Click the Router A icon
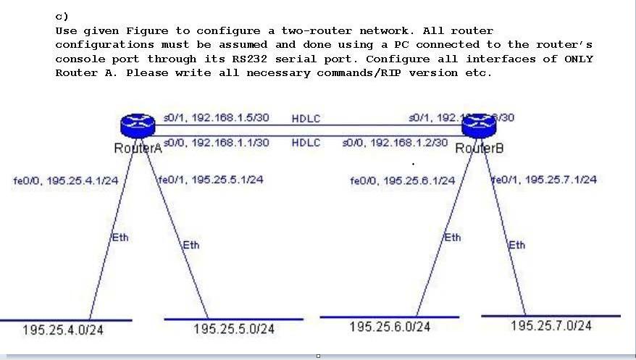click(x=138, y=125)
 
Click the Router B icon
click(x=478, y=125)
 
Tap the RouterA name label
click(x=138, y=148)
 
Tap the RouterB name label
click(x=479, y=148)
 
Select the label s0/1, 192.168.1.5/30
click(x=217, y=117)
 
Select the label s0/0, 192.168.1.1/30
click(x=217, y=143)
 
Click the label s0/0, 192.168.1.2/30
click(x=395, y=143)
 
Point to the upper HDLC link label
click(x=306, y=118)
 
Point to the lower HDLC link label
click(x=306, y=143)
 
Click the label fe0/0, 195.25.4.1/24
click(x=64, y=180)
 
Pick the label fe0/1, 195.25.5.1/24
click(x=210, y=180)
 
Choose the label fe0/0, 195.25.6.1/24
click(x=402, y=180)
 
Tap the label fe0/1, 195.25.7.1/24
click(x=545, y=179)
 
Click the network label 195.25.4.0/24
click(x=63, y=330)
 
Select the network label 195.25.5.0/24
click(x=234, y=329)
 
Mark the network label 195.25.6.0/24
click(x=390, y=327)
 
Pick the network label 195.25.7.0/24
click(x=551, y=325)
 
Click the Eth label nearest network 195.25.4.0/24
click(x=120, y=238)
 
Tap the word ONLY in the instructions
click(x=578, y=59)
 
